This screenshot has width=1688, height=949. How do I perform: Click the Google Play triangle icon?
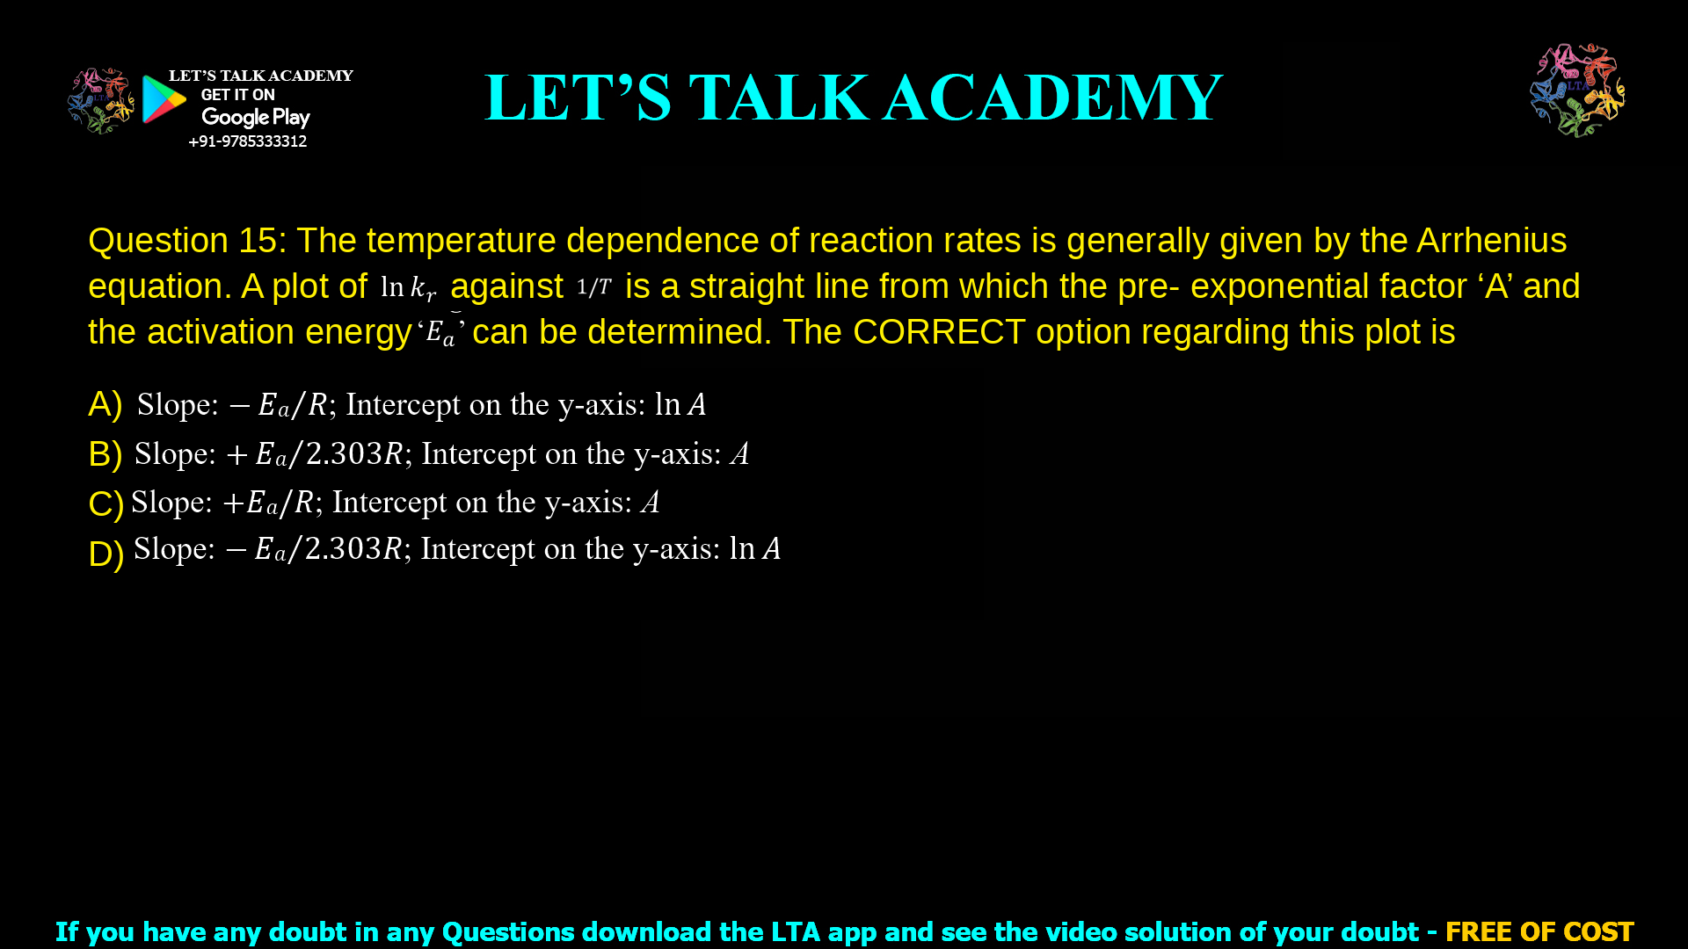coord(164,99)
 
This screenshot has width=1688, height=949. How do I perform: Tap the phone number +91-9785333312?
coord(247,141)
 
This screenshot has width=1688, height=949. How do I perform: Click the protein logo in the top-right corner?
coord(1577,91)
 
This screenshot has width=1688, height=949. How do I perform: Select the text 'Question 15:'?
coord(187,241)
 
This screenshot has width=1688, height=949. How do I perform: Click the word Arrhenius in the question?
coord(1491,241)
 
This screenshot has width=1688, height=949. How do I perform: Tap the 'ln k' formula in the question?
coord(408,287)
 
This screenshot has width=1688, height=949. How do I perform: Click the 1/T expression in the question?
coord(593,286)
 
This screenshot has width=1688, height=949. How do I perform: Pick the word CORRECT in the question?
coord(938,332)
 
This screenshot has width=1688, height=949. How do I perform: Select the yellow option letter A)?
coord(105,404)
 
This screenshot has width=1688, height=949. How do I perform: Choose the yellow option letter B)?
coord(105,454)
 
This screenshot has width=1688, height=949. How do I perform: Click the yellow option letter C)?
coord(105,503)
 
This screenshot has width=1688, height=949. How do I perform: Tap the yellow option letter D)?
coord(105,554)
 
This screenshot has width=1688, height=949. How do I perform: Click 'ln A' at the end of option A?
coord(680,404)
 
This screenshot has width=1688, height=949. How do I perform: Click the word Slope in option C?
coord(171,502)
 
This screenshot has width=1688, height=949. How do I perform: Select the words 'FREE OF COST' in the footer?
coord(1539,931)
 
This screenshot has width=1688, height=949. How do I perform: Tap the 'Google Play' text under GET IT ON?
coord(255,118)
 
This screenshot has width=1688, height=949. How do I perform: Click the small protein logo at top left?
coord(100,101)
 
